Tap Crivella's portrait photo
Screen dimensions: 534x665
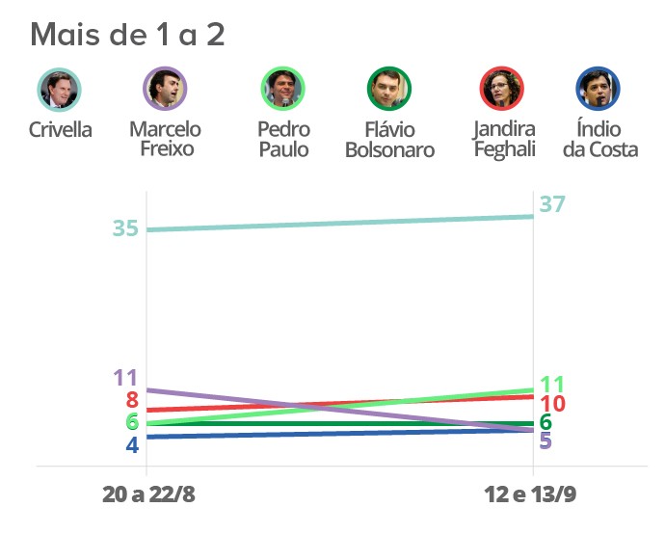60,90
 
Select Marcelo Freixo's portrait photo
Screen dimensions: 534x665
165,90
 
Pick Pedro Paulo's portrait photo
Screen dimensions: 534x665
283,90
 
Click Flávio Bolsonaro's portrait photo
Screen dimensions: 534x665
389,90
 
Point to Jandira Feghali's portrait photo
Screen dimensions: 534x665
502,90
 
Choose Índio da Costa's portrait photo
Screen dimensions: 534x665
598,90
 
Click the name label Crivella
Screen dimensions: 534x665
61,129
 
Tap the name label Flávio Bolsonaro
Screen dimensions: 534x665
389,139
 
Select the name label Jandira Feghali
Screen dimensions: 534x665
504,139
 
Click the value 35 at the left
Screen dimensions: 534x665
125,229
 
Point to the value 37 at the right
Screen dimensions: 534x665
552,204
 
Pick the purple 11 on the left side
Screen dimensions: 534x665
125,378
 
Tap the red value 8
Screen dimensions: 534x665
132,401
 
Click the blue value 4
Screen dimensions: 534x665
132,445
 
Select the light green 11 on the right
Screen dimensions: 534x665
552,383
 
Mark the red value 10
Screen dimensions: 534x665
552,404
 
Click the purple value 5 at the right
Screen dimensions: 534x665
545,441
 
